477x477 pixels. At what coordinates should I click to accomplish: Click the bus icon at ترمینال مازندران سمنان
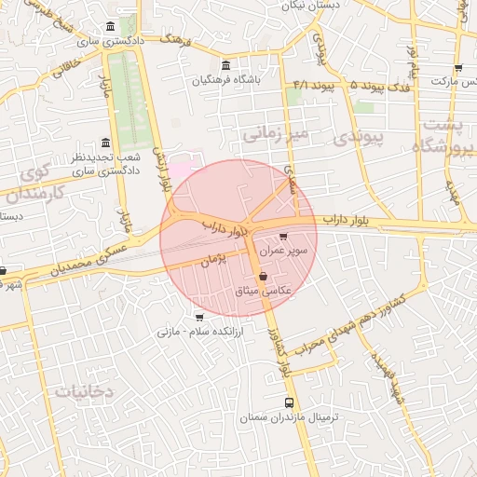tap(289, 403)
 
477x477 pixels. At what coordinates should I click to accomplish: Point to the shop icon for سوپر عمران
tap(283, 237)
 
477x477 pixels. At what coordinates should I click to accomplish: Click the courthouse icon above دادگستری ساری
tap(111, 25)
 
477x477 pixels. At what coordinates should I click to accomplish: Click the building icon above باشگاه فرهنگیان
tap(226, 64)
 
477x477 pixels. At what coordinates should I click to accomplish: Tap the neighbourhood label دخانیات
tap(83, 391)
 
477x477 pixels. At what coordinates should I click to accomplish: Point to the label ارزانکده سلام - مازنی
tap(199, 331)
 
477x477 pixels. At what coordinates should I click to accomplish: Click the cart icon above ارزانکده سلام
tap(198, 317)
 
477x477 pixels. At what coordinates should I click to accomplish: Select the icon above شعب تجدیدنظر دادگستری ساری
tap(105, 143)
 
